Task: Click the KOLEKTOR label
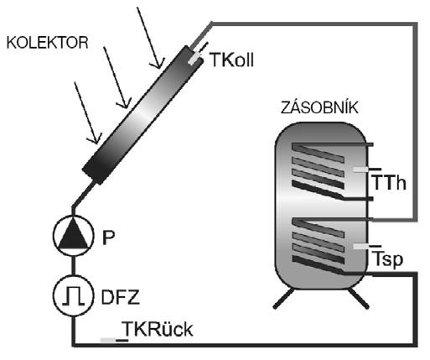47,43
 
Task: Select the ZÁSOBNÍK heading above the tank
319,107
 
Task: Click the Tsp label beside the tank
388,259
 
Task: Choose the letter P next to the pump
108,237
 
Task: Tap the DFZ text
121,297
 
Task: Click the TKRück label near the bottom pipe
158,329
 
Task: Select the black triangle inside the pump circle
73,233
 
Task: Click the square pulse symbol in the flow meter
73,295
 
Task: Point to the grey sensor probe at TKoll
194,59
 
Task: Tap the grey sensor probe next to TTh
360,170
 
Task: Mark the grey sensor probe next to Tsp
361,246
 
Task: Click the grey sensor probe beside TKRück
108,341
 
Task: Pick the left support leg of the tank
283,298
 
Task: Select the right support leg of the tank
358,298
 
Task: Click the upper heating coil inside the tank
319,171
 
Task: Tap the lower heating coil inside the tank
319,245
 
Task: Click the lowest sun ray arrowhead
95,140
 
